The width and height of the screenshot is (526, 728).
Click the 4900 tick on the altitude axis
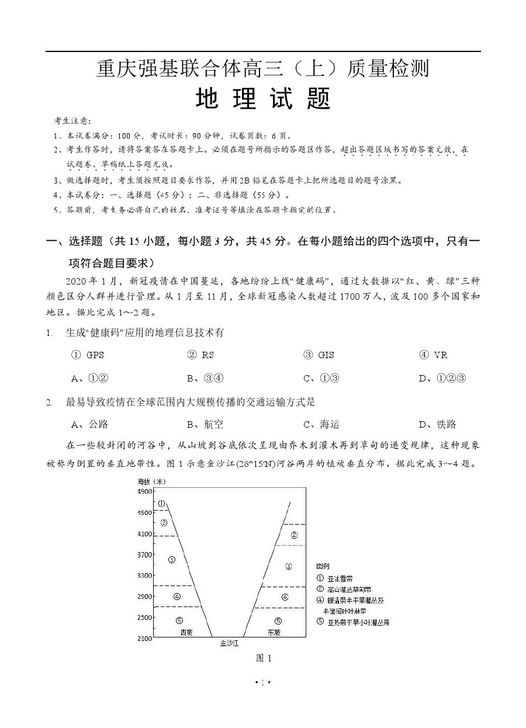[144, 492]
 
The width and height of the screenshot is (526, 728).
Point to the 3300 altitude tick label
[144, 576]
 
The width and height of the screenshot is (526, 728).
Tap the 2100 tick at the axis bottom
[144, 639]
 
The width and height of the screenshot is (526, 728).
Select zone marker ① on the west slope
[161, 503]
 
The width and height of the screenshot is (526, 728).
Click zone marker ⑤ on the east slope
[278, 621]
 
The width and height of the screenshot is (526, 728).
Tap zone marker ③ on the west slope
[172, 559]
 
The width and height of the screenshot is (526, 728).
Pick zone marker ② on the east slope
[294, 535]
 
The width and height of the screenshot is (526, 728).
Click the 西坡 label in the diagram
[186, 632]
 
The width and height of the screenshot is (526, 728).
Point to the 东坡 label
[274, 632]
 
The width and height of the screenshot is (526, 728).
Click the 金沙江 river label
[229, 643]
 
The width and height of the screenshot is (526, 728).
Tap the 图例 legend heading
[323, 566]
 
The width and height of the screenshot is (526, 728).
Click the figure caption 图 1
[264, 658]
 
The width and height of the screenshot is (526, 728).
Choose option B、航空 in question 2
[205, 425]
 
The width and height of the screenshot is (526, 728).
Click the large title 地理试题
[263, 99]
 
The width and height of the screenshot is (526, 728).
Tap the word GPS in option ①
[95, 355]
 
